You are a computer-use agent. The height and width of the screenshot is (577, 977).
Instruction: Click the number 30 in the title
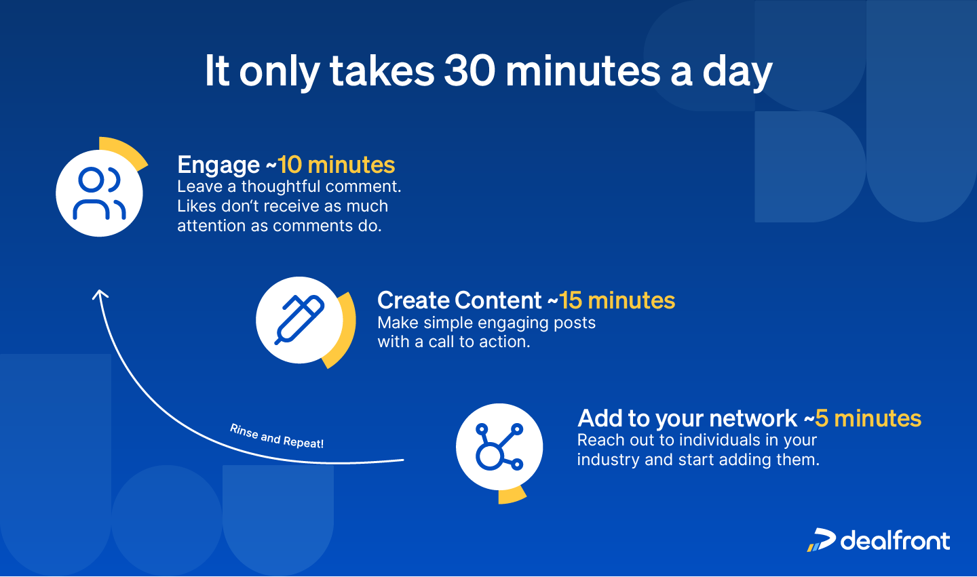click(x=470, y=71)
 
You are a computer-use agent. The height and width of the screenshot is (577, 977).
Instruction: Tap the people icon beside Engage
click(x=99, y=193)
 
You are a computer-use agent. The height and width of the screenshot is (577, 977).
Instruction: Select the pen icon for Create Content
click(x=299, y=319)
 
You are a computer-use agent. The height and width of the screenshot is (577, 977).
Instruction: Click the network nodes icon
click(x=499, y=447)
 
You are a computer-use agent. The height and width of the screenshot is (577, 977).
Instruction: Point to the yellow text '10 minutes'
click(x=336, y=165)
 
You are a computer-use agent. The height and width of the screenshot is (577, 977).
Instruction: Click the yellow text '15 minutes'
click(x=617, y=300)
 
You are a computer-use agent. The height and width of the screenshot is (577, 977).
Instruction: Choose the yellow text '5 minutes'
click(x=868, y=418)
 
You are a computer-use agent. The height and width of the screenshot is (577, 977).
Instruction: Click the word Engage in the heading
click(x=218, y=165)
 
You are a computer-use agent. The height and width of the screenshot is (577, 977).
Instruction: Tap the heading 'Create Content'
click(x=459, y=300)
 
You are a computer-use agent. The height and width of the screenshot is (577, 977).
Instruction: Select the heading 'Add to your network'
click(x=687, y=418)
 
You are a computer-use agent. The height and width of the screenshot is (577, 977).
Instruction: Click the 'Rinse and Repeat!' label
click(x=276, y=437)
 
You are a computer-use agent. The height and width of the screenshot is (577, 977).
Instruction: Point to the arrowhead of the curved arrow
click(x=100, y=294)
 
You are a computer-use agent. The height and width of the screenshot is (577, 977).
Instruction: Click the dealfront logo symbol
click(x=822, y=540)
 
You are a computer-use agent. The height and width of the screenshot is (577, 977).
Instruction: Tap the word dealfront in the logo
click(x=895, y=540)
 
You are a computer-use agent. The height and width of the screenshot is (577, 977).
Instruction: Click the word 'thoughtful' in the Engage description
click(x=280, y=186)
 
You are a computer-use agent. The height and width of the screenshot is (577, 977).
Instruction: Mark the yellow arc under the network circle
click(x=513, y=496)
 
